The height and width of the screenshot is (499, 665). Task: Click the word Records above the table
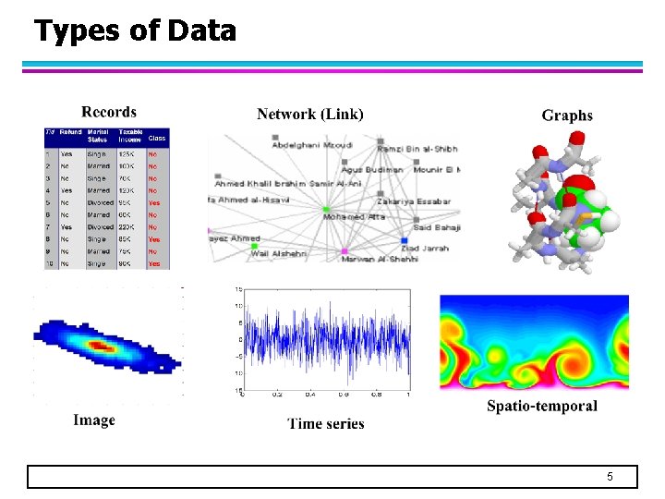tap(109, 112)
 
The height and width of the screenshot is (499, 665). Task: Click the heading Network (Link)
tap(310, 114)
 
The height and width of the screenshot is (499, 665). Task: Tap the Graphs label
tap(567, 116)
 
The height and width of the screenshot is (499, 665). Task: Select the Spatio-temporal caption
tap(542, 407)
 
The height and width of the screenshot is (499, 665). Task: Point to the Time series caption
tap(326, 424)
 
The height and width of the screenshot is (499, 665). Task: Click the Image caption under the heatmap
tap(94, 420)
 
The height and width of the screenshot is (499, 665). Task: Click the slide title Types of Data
tap(135, 31)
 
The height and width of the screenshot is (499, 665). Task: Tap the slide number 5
tap(610, 477)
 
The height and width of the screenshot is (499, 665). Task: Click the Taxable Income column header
tap(128, 136)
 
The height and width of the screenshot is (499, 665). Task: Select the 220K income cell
tap(127, 226)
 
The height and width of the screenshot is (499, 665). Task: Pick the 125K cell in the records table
tap(127, 154)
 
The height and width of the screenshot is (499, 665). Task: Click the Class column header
tap(157, 138)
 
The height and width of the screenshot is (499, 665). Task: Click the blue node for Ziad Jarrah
tap(405, 241)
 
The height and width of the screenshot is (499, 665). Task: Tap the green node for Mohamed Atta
tap(326, 211)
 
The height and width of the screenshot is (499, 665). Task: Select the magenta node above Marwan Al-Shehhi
tap(345, 251)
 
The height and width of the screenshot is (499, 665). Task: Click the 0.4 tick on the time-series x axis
tap(310, 395)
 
